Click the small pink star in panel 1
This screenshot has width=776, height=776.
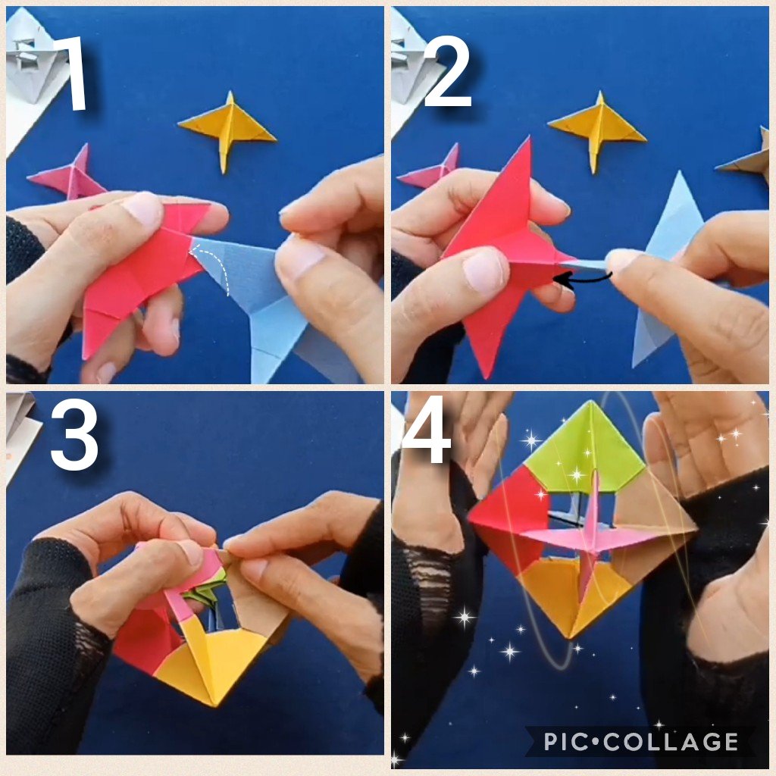[72, 176]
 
